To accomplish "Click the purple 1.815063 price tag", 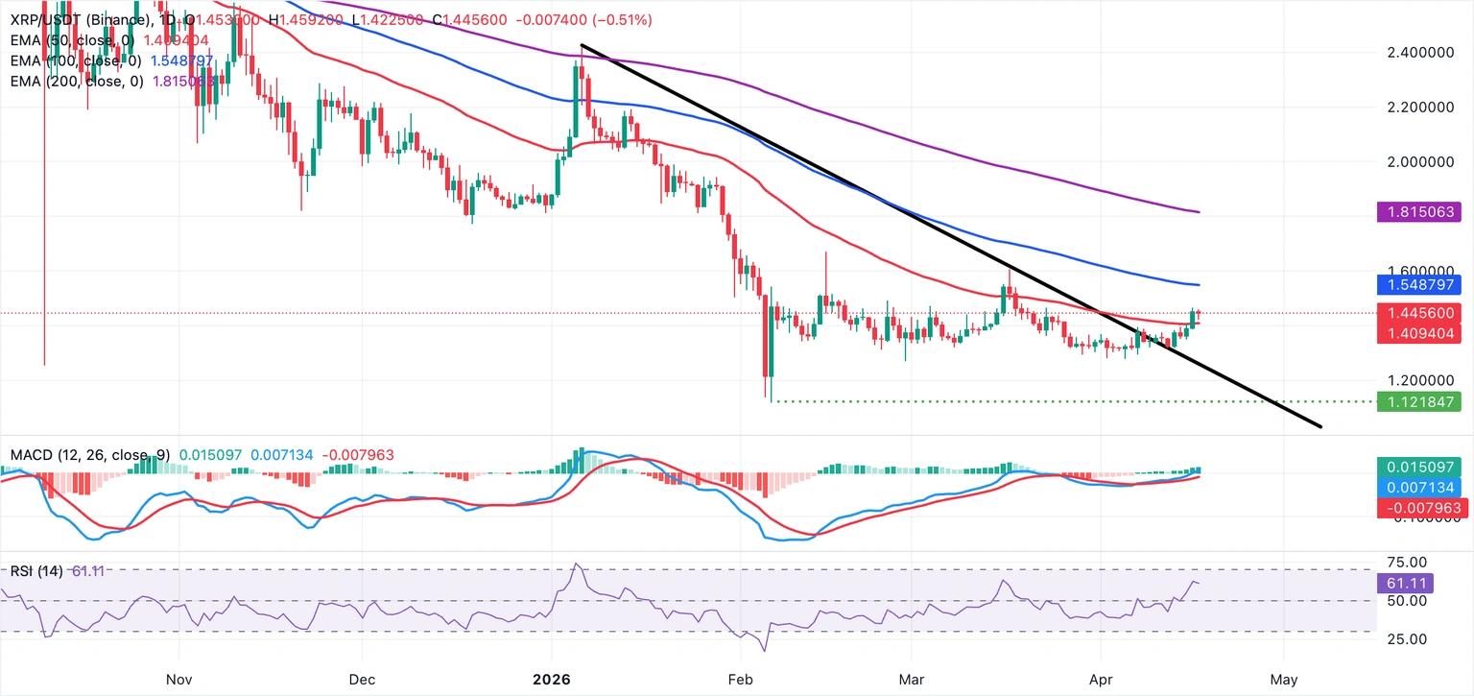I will point(1417,211).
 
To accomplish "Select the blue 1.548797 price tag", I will point(1417,285).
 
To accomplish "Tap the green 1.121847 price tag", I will point(1417,402).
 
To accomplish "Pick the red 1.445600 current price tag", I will point(1417,313).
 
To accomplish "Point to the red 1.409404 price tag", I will point(1417,333).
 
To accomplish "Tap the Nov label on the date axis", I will point(179,679).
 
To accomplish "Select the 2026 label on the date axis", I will point(551,679).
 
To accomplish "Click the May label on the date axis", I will point(1283,679).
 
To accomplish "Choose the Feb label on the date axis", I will point(741,679).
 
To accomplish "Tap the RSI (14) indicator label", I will point(36,571).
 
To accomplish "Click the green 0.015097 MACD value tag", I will point(1417,467).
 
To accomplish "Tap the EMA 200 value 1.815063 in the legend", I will point(178,82).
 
